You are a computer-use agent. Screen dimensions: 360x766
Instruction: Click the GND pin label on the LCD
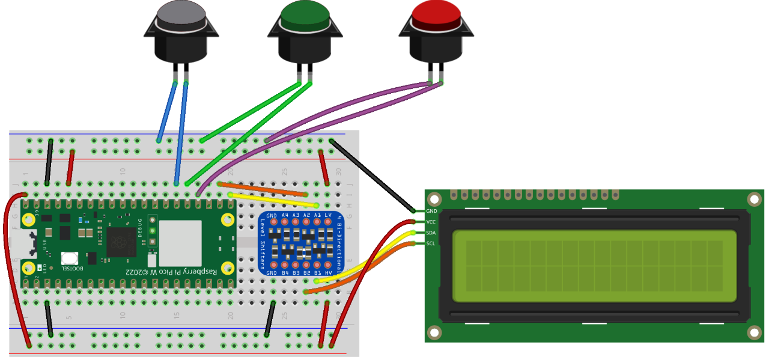pos(431,211)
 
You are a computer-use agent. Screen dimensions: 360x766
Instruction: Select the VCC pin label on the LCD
pos(431,222)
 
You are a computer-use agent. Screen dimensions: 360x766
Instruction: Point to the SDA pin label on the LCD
pos(431,233)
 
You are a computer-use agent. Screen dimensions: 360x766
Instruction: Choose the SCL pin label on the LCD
pos(431,243)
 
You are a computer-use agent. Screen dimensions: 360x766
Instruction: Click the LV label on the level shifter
pos(327,215)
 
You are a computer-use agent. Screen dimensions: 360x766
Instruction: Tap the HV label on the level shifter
pos(327,272)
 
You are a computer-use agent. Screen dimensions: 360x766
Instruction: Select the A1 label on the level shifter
pos(317,215)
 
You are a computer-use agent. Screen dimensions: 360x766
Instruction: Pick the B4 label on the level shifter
pos(285,272)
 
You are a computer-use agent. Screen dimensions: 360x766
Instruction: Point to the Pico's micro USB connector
pos(28,243)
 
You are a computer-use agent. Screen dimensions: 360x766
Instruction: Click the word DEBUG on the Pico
pos(140,228)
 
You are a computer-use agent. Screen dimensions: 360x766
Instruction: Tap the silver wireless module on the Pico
pos(180,243)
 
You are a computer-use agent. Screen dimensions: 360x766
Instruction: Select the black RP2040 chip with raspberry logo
pos(121,243)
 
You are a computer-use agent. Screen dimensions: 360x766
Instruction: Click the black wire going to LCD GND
pos(372,175)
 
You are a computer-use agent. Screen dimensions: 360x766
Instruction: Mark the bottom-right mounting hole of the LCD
pos(753,332)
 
